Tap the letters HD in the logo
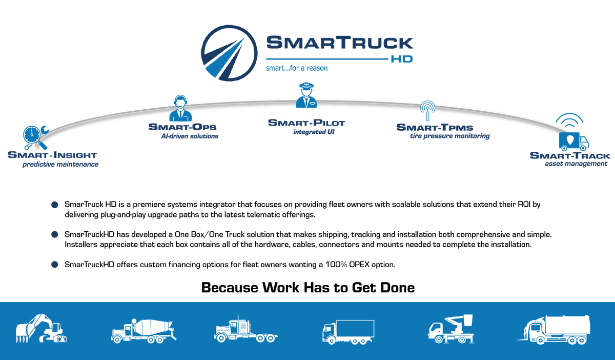point(401,59)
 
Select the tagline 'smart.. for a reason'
point(296,68)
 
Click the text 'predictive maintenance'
point(60,165)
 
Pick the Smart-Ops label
point(182,127)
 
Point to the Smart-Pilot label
point(306,123)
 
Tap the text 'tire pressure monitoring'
point(449,136)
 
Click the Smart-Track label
point(570,156)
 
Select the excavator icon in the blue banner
point(42,328)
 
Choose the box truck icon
point(348,331)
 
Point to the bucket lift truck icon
point(449,329)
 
